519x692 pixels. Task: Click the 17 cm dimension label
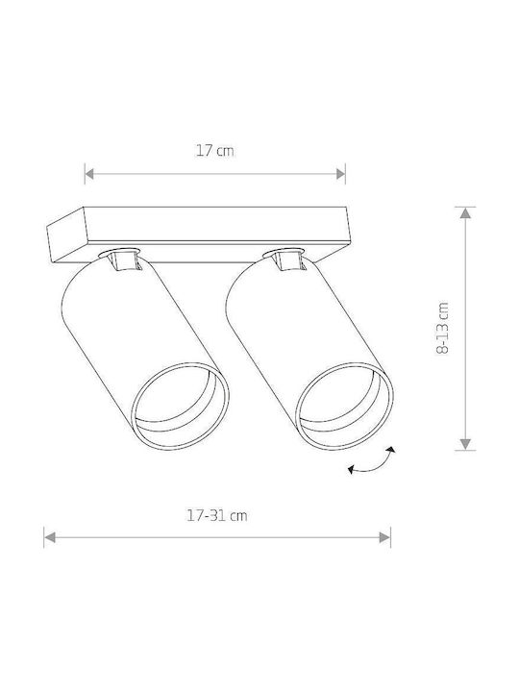215,151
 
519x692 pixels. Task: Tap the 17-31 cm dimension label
216,515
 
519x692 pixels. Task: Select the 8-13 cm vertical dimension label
442,329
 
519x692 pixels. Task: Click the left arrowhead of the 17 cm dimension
89,174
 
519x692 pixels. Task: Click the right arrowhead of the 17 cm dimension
340,174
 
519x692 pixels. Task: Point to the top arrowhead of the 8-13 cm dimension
465,212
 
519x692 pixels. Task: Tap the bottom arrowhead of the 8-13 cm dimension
465,444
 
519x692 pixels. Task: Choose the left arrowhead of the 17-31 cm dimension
49,537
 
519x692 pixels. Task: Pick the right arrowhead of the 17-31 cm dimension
384,537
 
